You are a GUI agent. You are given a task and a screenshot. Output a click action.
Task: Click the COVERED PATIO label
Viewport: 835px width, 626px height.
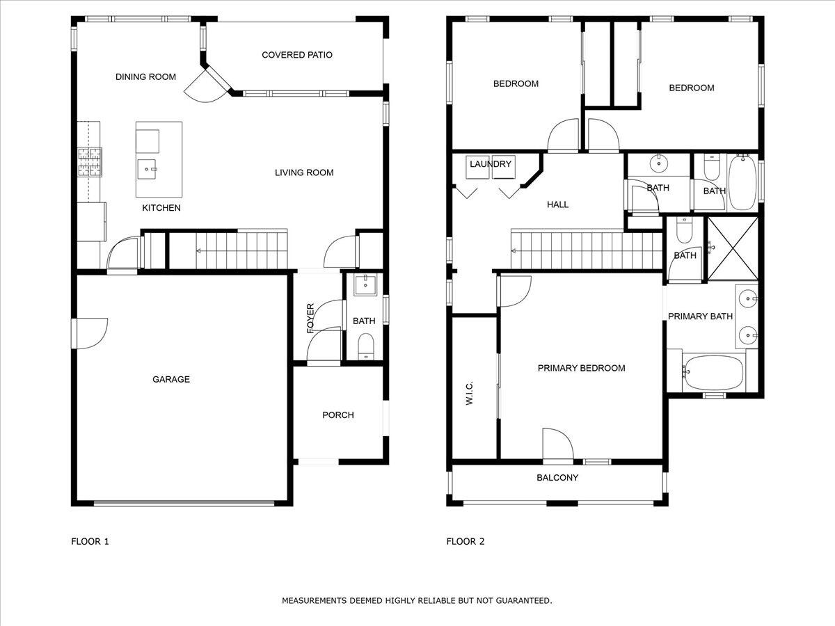pyautogui.click(x=296, y=55)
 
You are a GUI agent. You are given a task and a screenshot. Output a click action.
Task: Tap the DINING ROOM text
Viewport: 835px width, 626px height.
pyautogui.click(x=145, y=77)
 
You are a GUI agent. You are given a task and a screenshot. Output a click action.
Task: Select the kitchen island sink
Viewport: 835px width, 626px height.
pyautogui.click(x=147, y=167)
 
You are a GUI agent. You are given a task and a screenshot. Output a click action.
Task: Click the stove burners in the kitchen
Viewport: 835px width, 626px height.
pyautogui.click(x=89, y=162)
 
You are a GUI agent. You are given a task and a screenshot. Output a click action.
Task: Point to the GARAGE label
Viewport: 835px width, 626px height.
pyautogui.click(x=171, y=380)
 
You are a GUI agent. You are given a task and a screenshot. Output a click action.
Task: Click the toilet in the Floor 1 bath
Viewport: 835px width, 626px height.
pyautogui.click(x=365, y=346)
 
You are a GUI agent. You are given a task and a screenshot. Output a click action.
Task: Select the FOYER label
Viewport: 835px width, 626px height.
pyautogui.click(x=311, y=317)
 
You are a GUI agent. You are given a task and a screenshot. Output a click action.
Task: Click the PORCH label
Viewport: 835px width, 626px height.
pyautogui.click(x=338, y=415)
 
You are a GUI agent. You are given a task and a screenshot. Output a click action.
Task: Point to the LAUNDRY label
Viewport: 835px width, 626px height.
pyautogui.click(x=491, y=165)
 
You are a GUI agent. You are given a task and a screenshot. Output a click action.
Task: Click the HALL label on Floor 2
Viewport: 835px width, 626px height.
pyautogui.click(x=557, y=204)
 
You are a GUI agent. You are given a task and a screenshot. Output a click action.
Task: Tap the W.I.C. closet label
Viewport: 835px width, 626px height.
pyautogui.click(x=469, y=393)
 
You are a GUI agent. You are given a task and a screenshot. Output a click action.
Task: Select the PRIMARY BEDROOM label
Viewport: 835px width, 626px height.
pyautogui.click(x=581, y=369)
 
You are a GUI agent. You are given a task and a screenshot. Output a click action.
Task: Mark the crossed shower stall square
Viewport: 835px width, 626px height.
pyautogui.click(x=732, y=249)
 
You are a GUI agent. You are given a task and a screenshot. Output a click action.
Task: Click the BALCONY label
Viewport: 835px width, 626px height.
pyautogui.click(x=557, y=478)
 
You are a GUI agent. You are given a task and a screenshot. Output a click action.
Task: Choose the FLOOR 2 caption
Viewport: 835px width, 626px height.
pyautogui.click(x=466, y=541)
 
